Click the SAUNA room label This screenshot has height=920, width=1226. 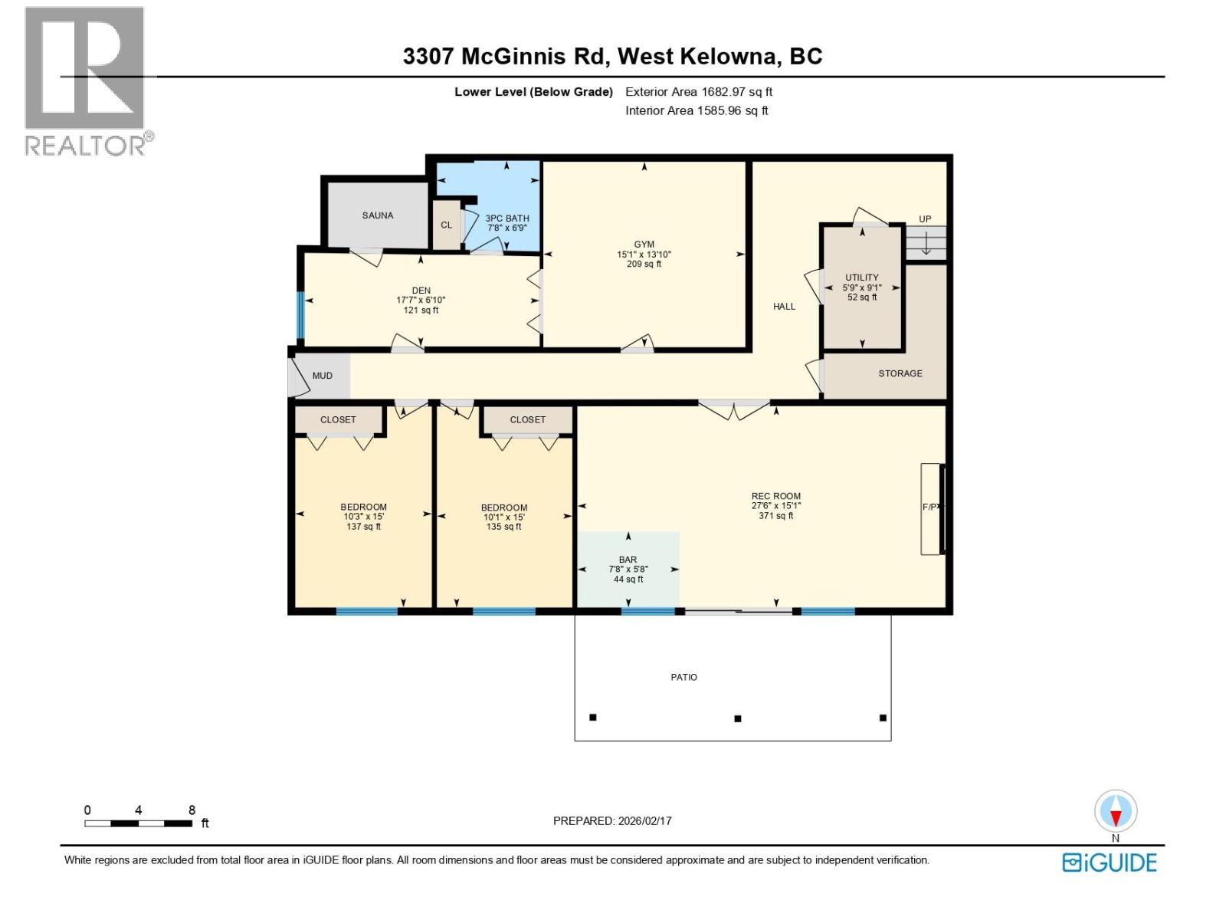[x=378, y=215]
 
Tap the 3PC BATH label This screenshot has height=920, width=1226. [x=507, y=219]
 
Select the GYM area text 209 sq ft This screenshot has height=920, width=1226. [x=644, y=264]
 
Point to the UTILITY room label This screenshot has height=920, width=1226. [x=862, y=278]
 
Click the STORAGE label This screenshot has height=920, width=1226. [x=900, y=373]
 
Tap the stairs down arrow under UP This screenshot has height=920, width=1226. [x=926, y=244]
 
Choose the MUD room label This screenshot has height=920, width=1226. [x=323, y=376]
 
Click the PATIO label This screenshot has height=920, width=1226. [x=684, y=677]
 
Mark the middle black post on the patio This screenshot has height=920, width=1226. [x=738, y=718]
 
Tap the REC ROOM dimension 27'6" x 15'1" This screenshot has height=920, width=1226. [x=775, y=506]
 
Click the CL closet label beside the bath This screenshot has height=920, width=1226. [x=446, y=225]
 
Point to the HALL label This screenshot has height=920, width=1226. [x=784, y=307]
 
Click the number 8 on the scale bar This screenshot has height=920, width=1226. [x=192, y=810]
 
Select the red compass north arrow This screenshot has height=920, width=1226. [x=1116, y=817]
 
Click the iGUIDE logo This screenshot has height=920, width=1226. [x=1109, y=863]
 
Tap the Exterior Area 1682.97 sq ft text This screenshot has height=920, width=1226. [x=698, y=92]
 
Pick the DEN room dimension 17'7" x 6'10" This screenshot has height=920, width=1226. [x=421, y=301]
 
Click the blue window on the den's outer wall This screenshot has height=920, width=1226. [x=300, y=315]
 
